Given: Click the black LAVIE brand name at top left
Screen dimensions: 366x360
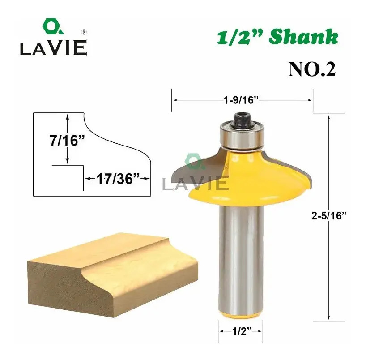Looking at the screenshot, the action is [53, 48].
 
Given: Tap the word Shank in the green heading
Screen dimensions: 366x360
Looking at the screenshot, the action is [304, 37].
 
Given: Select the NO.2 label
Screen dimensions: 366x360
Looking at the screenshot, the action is [312, 69].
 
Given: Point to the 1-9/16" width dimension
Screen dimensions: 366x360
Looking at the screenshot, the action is [241, 100].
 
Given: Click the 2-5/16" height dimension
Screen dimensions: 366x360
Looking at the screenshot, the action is [329, 216].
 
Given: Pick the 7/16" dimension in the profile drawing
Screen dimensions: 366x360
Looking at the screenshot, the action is [67, 141].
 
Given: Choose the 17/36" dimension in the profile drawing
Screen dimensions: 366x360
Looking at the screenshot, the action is [118, 179].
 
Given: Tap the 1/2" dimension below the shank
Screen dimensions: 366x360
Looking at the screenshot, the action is [242, 331].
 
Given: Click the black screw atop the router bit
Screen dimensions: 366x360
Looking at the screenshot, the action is [241, 120].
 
